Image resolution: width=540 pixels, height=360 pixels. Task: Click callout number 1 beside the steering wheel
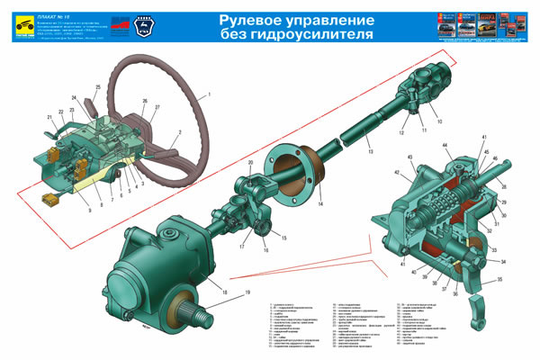(x=208, y=94)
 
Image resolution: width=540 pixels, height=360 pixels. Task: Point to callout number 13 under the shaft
(x=371, y=153)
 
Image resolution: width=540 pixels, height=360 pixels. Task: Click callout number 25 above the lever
(x=97, y=87)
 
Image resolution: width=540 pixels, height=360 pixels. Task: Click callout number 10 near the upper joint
(x=438, y=120)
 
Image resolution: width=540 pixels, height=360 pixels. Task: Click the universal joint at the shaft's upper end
(x=418, y=91)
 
